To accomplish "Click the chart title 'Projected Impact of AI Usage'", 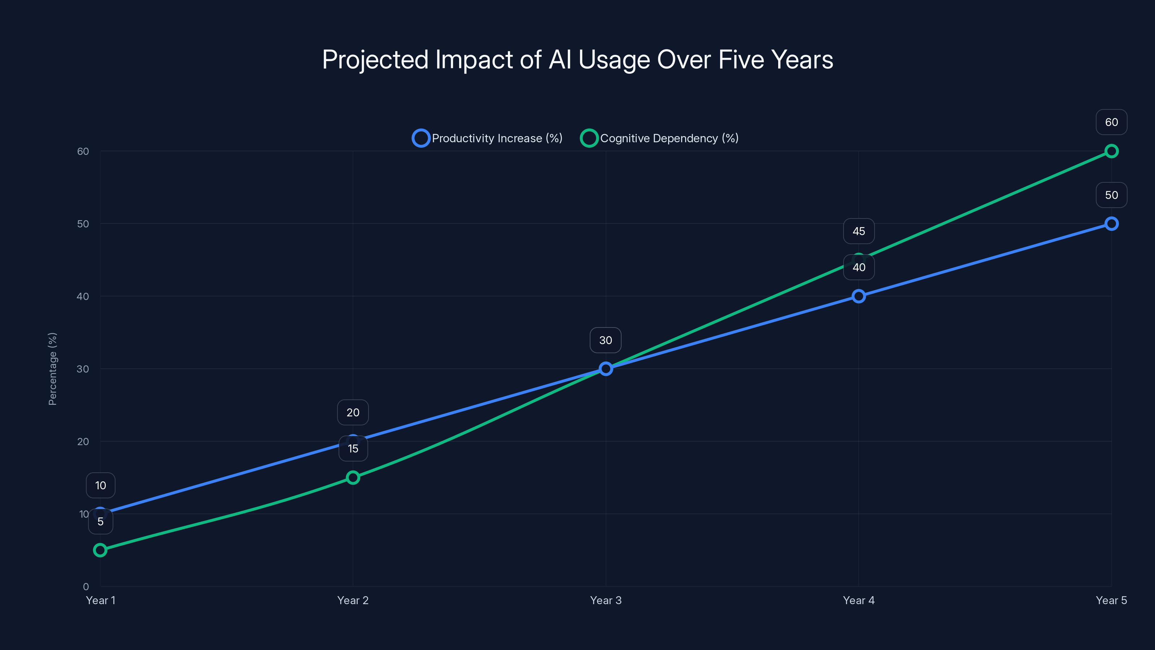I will [577, 60].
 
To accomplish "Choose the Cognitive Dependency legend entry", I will [659, 138].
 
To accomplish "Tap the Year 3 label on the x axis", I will [606, 600].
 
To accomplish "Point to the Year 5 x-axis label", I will [1111, 600].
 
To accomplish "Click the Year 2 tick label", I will [353, 600].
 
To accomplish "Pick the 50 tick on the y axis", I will [83, 224].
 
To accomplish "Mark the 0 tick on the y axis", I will [86, 587].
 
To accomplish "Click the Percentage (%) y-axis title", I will [52, 369].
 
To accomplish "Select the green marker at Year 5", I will [1111, 151].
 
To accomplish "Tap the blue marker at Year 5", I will [1111, 224].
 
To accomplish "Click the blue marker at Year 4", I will [859, 296].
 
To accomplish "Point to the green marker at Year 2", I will [353, 477].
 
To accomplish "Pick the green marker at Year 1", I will [100, 550].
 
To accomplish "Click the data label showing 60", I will [1111, 122].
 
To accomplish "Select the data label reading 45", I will [859, 231].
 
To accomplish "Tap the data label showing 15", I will [353, 448].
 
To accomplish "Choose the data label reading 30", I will [606, 340].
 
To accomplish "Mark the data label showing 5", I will [100, 521].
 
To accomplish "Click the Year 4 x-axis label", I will [859, 600].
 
